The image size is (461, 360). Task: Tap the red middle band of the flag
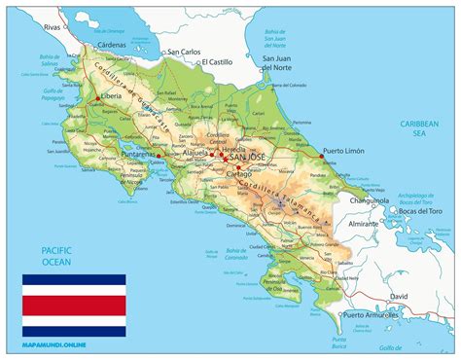coord(74,305)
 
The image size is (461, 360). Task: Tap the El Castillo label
coord(220,62)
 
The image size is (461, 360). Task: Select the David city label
coord(398,296)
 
